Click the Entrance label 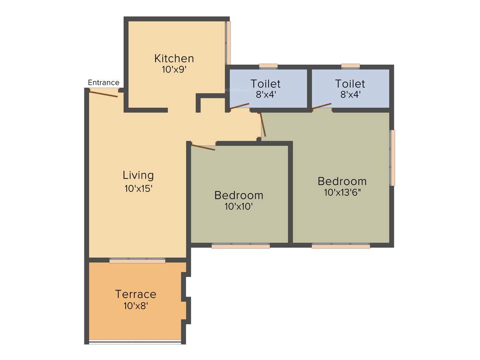click(x=104, y=82)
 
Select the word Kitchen click(x=174, y=59)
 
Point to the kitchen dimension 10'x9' click(x=174, y=69)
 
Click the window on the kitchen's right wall click(x=228, y=42)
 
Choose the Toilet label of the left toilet click(x=265, y=83)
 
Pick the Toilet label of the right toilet click(x=350, y=83)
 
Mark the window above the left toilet click(x=268, y=66)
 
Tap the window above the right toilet click(x=350, y=66)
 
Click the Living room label click(x=138, y=175)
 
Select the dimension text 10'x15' click(x=138, y=188)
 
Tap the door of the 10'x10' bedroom click(x=203, y=147)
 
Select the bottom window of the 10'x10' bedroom click(x=240, y=245)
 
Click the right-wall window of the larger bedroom click(x=392, y=157)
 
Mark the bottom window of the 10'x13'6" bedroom click(x=340, y=245)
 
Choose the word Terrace click(x=135, y=294)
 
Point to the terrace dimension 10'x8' click(x=135, y=306)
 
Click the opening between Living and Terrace click(x=137, y=260)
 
